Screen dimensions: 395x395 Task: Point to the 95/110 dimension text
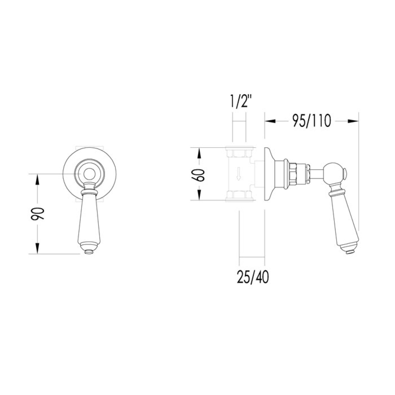pyautogui.click(x=311, y=121)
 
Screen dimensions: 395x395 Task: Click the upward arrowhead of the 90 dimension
pyautogui.click(x=38, y=179)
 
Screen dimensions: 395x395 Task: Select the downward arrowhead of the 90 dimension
pyautogui.click(x=38, y=248)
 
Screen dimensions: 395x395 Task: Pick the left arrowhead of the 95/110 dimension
pyautogui.click(x=270, y=121)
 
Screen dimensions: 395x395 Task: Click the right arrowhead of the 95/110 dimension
pyautogui.click(x=353, y=121)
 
